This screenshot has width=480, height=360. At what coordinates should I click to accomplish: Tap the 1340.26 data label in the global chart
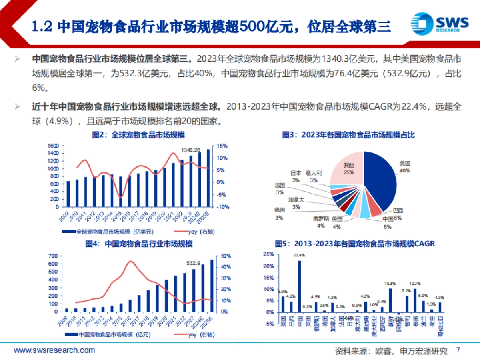191,150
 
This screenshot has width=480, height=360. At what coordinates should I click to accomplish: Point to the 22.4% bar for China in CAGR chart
299,286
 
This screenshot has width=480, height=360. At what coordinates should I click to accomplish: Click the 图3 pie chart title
348,135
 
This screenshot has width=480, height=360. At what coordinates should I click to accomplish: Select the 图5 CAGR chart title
354,244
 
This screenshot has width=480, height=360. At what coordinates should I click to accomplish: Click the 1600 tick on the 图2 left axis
53,146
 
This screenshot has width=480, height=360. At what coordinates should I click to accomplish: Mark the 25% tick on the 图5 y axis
268,254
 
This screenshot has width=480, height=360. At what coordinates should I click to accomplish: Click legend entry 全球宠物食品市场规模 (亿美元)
108,231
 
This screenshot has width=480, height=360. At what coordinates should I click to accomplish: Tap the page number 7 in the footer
458,350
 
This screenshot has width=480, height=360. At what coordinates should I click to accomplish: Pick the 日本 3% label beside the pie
296,176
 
